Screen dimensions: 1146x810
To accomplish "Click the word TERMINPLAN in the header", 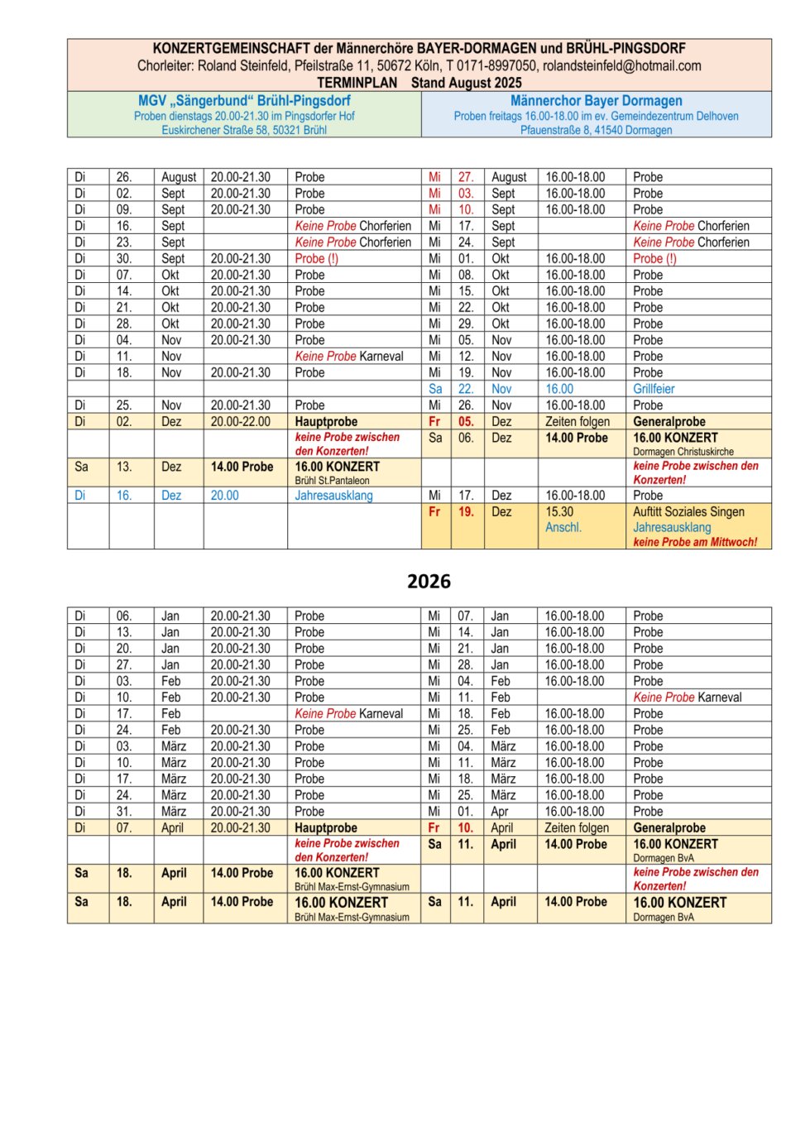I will click(x=357, y=83).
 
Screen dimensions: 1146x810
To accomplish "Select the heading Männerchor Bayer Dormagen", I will click(x=596, y=101).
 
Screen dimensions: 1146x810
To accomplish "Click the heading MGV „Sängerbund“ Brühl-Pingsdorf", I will click(x=244, y=101).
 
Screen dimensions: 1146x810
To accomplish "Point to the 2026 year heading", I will click(x=429, y=582).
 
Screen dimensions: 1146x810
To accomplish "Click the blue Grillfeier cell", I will click(x=654, y=389).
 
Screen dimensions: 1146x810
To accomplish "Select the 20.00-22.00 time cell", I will click(x=240, y=422).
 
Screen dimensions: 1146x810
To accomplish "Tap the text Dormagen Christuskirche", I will click(x=683, y=452).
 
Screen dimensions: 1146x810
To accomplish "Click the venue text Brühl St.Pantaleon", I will click(x=332, y=481).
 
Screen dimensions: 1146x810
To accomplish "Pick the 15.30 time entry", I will click(x=559, y=512).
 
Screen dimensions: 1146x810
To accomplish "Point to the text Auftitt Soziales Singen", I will click(x=688, y=512).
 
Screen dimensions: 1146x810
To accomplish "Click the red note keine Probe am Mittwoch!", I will click(x=695, y=542).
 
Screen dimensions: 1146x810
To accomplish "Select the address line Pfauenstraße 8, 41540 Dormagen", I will click(x=596, y=130).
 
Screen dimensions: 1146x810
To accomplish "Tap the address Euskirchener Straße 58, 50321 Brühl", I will click(x=244, y=130).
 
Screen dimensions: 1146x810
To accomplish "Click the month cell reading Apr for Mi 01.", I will click(x=499, y=812).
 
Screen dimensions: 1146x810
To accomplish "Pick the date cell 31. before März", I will click(x=124, y=812).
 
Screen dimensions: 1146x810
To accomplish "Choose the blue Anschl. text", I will click(x=563, y=527).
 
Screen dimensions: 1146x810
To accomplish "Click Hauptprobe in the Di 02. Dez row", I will click(x=326, y=422).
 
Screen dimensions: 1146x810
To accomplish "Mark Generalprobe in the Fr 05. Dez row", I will click(x=669, y=422).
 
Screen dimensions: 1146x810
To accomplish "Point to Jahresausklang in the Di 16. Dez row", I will click(x=333, y=496).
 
